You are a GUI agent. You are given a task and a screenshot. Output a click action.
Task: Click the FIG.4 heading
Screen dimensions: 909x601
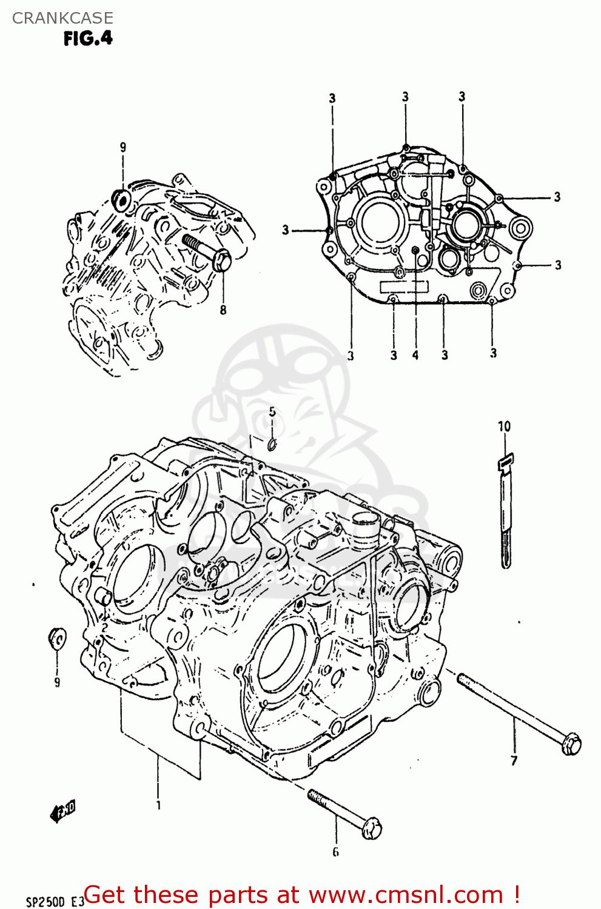[x=88, y=38]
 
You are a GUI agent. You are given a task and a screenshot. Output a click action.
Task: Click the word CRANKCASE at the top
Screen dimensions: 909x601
[x=62, y=18]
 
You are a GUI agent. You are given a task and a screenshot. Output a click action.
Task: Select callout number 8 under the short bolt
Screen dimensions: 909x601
[x=223, y=310]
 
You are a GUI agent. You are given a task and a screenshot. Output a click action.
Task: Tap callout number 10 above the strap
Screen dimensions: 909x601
[x=505, y=427]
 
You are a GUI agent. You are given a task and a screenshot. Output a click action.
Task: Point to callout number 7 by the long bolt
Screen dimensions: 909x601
[x=514, y=761]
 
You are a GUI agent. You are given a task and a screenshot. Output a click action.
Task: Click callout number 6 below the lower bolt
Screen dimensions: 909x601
[x=335, y=852]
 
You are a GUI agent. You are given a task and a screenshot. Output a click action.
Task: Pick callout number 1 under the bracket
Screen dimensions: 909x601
[x=158, y=805]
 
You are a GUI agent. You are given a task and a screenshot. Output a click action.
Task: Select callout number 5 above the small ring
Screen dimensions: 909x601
[x=272, y=412]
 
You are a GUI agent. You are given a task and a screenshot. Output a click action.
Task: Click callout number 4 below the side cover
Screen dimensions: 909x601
[x=415, y=355]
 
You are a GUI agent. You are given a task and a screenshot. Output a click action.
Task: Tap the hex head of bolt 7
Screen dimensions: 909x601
[x=571, y=744]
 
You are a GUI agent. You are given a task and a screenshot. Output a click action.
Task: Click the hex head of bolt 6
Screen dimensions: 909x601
[x=372, y=828]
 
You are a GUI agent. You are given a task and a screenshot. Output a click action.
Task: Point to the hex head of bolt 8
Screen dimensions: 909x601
[x=223, y=262]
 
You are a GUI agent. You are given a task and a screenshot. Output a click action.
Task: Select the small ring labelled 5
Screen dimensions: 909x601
[x=273, y=445]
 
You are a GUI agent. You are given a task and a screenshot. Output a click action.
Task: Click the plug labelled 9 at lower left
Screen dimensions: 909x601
[x=57, y=638]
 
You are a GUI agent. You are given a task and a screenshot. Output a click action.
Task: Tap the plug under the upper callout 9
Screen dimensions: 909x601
[x=123, y=200]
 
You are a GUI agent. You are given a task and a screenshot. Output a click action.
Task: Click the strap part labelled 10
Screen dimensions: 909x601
[x=505, y=515]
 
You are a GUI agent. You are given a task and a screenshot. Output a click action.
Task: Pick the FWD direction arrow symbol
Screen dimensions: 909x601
[x=63, y=810]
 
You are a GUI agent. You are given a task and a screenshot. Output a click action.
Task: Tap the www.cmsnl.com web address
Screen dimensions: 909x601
[x=406, y=895]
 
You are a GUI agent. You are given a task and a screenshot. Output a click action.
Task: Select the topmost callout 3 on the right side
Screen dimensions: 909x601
[x=557, y=197]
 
